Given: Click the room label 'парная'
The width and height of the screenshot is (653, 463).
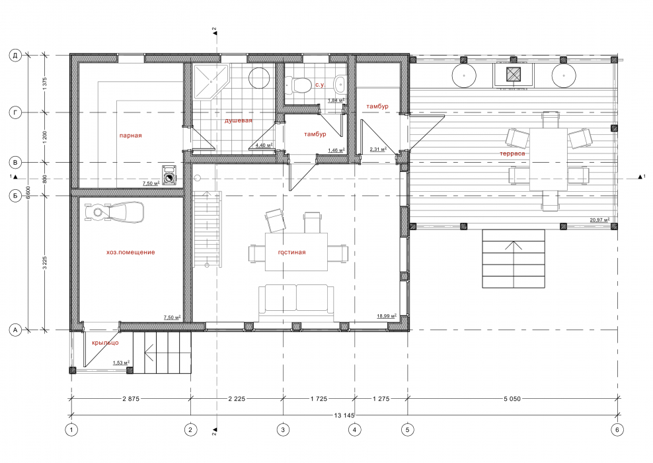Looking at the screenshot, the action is [130, 136].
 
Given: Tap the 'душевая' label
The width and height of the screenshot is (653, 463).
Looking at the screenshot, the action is [238, 120].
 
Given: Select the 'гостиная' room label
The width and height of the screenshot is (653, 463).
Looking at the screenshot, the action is [291, 252].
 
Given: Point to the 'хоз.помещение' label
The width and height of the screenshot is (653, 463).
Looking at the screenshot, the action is [130, 252].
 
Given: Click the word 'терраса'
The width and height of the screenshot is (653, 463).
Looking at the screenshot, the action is [512, 153].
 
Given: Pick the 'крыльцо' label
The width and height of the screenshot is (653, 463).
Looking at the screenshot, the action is [105, 343].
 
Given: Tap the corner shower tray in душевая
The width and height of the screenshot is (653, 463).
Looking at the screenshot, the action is [210, 81].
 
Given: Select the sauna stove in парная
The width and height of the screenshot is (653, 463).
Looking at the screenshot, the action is [169, 175].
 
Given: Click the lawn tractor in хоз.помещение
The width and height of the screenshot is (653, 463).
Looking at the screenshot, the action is [114, 212].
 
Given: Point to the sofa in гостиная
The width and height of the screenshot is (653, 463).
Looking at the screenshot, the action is [296, 299].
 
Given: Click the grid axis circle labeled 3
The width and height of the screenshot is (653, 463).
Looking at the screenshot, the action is [283, 430].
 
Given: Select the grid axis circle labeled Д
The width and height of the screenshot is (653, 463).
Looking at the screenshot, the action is [15, 56].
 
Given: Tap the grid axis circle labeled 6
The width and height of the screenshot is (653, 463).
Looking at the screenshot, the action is [617, 430].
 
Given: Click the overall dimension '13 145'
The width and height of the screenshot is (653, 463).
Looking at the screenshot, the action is [344, 415].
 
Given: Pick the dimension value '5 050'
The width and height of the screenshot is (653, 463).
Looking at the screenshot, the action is [512, 398].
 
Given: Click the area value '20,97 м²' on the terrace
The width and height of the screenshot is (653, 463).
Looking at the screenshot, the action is [599, 220].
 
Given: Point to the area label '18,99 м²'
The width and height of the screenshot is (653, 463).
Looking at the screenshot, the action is [387, 316].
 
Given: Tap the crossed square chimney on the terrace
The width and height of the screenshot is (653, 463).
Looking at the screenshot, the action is [513, 74].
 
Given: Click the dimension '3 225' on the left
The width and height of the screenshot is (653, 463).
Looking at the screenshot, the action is [44, 263].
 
